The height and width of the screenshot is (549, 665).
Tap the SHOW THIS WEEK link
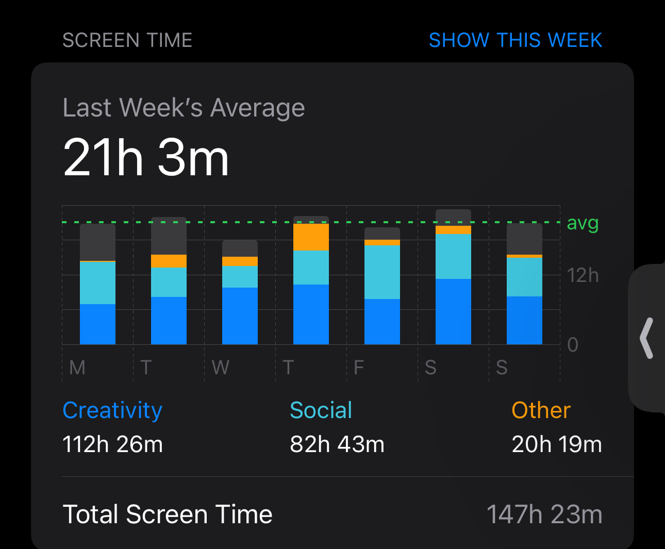coord(515,40)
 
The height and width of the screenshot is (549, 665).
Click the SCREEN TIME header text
coord(127,40)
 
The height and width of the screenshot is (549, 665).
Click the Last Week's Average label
coord(184,108)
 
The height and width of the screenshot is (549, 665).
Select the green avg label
coord(583,223)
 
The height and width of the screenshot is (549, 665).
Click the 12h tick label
coord(583,275)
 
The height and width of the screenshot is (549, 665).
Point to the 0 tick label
coord(572,344)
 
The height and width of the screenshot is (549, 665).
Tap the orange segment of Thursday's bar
coord(311,237)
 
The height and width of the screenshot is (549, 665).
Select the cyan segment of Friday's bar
coord(382,272)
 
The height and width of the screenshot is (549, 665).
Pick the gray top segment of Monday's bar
coord(97,242)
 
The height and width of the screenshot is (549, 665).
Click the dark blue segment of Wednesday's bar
coord(240,315)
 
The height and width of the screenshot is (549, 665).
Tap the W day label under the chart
coord(220,368)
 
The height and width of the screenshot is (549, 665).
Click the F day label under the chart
coord(359,368)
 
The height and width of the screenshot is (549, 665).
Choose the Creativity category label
coord(112,410)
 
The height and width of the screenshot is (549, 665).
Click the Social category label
coord(321,410)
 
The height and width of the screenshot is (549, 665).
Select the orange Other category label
coord(541,410)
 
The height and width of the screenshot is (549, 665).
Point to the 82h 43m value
coord(337,444)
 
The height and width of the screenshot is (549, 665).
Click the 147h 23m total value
coord(544,514)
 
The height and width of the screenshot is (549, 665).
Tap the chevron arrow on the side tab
coord(646,338)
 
